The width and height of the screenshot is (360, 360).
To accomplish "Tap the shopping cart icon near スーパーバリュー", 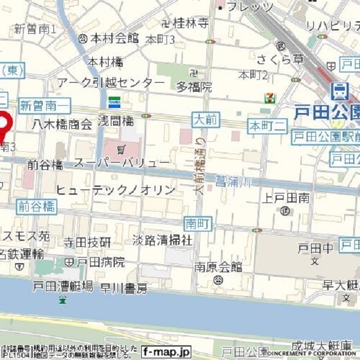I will [x=122, y=148].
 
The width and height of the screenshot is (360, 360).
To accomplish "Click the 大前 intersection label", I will [x=206, y=120].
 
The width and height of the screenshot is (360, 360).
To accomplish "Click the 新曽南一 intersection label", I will [x=44, y=105].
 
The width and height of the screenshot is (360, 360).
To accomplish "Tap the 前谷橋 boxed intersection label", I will [x=37, y=206].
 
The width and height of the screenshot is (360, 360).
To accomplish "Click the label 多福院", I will [x=194, y=87].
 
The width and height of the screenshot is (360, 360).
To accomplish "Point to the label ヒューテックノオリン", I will [x=116, y=190].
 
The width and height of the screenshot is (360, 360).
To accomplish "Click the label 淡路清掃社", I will [x=163, y=240].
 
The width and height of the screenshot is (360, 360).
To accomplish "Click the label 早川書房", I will [x=124, y=289].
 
